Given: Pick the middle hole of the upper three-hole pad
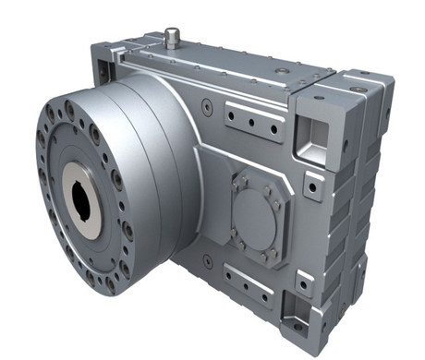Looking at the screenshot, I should (x=249, y=120).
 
